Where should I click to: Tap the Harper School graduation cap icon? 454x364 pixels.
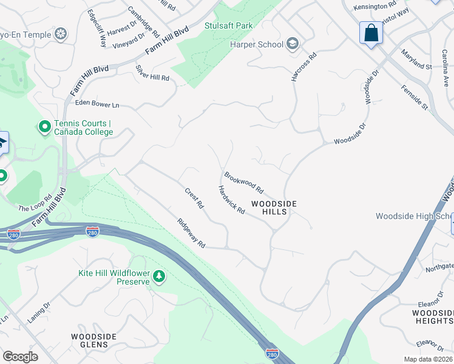point(293,44)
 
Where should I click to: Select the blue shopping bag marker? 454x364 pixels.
point(371,33)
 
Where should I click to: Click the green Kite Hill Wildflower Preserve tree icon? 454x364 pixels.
point(159,277)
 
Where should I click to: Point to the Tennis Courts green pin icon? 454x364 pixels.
point(44,127)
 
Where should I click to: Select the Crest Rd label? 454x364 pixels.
point(194,198)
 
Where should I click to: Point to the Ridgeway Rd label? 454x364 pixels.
point(191,233)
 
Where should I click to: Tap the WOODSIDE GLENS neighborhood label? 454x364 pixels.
point(89,340)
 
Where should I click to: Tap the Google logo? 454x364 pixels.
point(20,356)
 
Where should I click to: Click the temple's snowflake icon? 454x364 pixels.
point(60,33)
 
